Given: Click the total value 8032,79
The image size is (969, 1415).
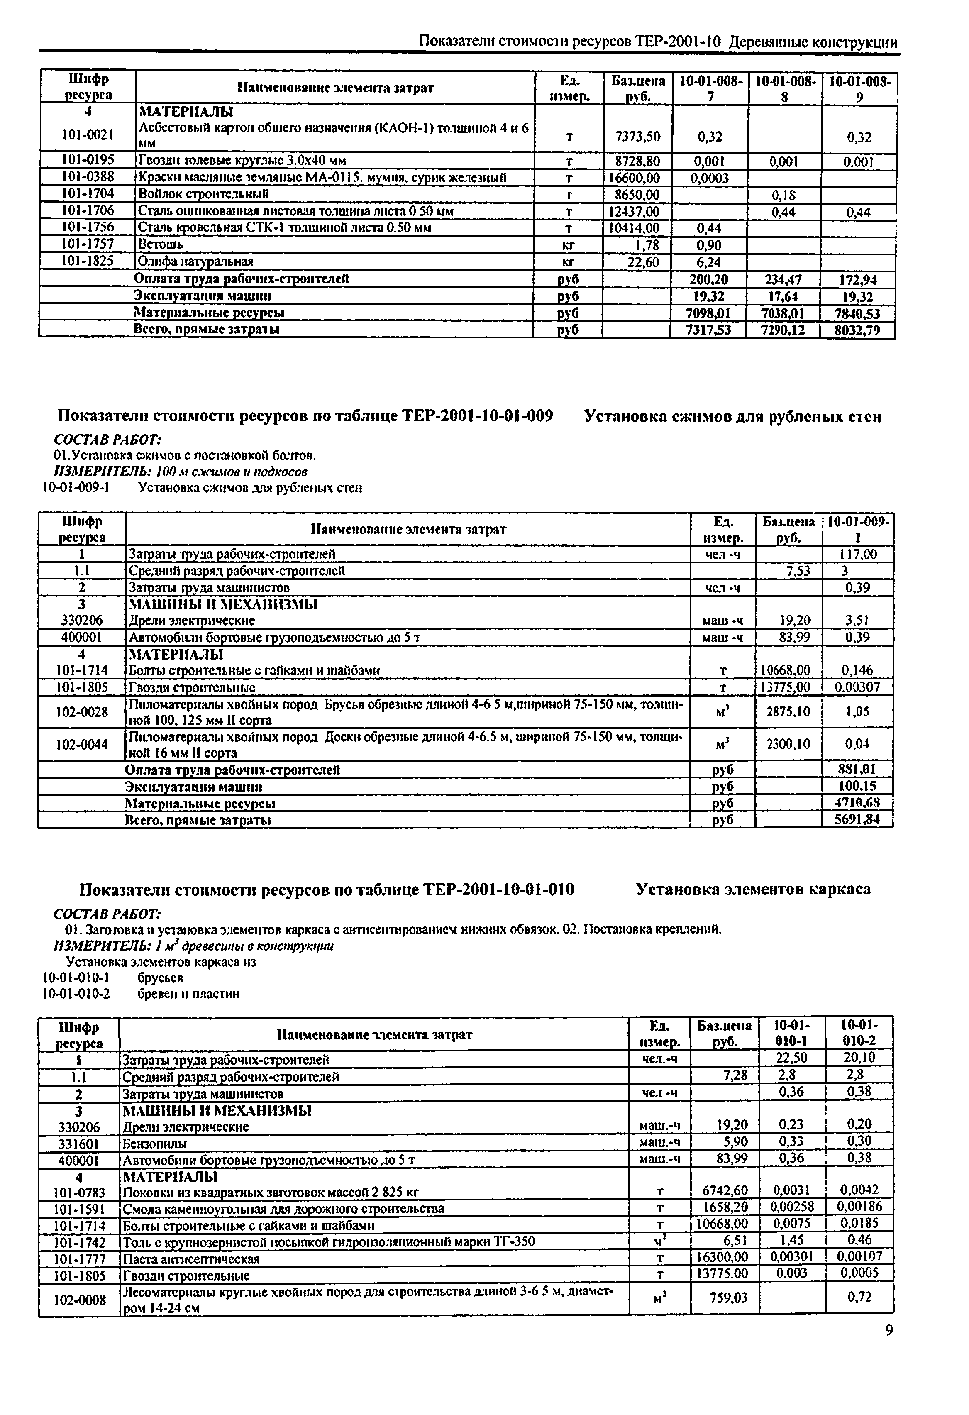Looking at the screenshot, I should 858,331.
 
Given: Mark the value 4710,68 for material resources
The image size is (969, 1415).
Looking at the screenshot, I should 858,803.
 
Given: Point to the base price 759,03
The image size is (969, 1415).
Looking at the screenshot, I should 728,1298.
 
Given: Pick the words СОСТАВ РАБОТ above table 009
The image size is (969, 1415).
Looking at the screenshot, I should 107,439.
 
